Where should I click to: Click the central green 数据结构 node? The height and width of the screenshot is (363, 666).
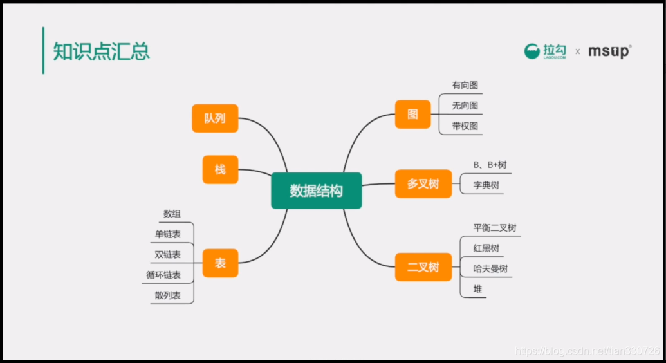[317, 191]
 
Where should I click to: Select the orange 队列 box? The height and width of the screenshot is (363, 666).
[215, 118]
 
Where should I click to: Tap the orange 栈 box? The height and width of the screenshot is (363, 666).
[220, 170]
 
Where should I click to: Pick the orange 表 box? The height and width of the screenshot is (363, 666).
[220, 263]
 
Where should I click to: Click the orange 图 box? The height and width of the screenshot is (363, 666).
[413, 115]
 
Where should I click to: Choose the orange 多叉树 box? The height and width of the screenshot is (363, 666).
[423, 183]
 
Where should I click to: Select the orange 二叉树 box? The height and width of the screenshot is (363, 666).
[423, 267]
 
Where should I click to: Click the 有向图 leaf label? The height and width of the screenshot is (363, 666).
[465, 86]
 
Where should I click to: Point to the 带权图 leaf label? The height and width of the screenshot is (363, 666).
[465, 126]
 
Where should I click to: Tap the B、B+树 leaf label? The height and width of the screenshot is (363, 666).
[490, 165]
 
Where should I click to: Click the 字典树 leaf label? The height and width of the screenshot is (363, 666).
[486, 185]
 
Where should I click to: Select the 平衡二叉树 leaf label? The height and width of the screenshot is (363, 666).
[495, 228]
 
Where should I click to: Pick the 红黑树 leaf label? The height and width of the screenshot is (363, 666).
[486, 248]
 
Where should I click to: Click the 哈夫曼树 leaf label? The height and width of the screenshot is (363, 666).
[490, 268]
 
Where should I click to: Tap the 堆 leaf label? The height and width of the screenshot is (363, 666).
[478, 289]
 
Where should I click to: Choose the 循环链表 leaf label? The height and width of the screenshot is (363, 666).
[163, 275]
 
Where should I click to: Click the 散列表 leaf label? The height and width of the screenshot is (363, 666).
[168, 295]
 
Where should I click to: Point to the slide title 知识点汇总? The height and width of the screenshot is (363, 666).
[101, 51]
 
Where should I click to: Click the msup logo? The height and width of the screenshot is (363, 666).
[610, 51]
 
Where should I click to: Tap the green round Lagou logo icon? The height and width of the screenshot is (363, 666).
[532, 51]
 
